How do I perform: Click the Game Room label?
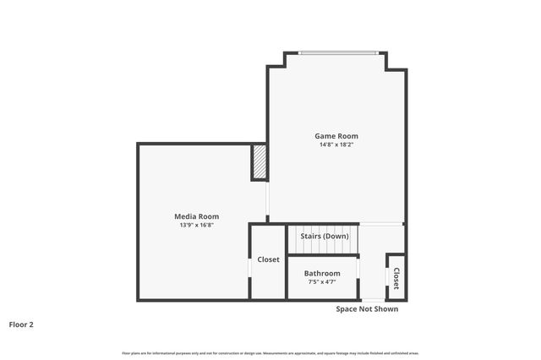coord(336,136)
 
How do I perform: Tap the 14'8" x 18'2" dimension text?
coord(336,145)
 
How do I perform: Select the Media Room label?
coord(197,217)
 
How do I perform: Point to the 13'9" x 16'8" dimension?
coord(197,226)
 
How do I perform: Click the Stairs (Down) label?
coord(324,236)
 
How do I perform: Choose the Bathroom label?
coord(322,274)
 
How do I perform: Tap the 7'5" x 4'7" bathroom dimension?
coord(322,282)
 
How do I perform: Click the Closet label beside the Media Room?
coord(268,259)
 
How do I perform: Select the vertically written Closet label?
coord(396,278)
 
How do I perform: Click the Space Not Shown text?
coord(367,309)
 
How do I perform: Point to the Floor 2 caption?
coord(22,324)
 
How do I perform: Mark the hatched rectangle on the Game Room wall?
coord(260,162)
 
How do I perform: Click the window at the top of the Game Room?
coord(336,53)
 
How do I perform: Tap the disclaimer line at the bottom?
coord(270,352)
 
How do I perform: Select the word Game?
coord(325,136)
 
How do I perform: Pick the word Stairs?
coord(310,236)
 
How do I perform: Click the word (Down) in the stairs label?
coord(336,236)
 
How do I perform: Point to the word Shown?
coord(385,309)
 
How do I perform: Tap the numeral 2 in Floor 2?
coord(31,324)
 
